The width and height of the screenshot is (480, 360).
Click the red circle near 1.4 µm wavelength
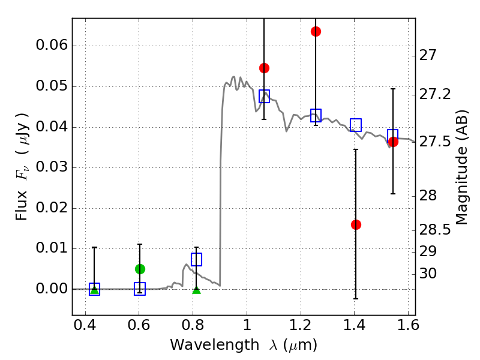pyautogui.click(x=356, y=224)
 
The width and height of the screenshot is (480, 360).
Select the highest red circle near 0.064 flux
pyautogui.click(x=316, y=31)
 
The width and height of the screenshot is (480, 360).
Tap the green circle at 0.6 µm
pyautogui.click(x=140, y=269)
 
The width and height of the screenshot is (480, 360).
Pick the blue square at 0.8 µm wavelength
pyautogui.click(x=196, y=259)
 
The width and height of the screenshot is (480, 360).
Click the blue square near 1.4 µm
pyautogui.click(x=356, y=125)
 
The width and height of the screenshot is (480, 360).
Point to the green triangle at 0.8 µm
pyautogui.click(x=196, y=290)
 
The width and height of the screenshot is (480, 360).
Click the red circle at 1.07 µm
pyautogui.click(x=264, y=68)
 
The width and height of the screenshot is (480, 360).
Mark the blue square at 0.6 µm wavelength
pyautogui.click(x=140, y=289)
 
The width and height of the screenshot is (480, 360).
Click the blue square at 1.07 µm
pyautogui.click(x=264, y=96)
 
